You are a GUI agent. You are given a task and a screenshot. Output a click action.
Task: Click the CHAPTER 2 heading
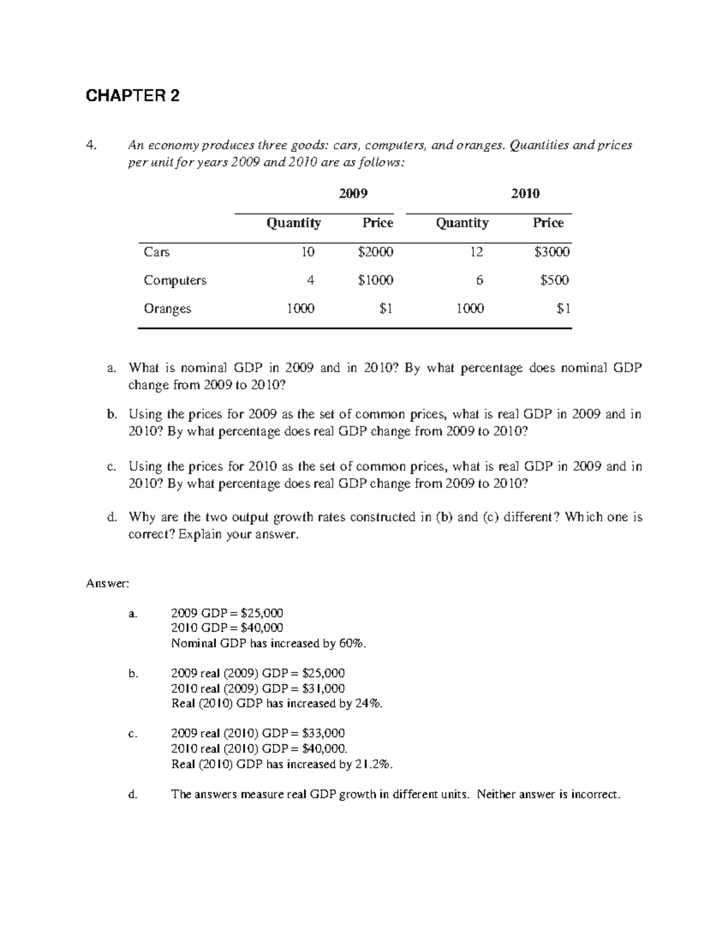coord(133,96)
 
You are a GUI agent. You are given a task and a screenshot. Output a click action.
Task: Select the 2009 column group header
coord(353,194)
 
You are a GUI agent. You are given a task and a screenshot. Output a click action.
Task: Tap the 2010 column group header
coord(525,194)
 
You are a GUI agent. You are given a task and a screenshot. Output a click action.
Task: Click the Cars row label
coord(157,252)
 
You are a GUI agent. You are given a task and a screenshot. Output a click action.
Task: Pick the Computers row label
coord(175,281)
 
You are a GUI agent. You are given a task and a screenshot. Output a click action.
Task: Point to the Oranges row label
coord(167,308)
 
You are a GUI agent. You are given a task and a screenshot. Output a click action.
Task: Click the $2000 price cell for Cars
coord(376,252)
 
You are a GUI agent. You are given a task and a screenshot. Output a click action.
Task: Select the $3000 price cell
coord(551,252)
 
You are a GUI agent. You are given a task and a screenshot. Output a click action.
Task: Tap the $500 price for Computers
coord(555,281)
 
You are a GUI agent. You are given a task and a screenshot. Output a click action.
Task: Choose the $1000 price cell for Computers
coord(376,281)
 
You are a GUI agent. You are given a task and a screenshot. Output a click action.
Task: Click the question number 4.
coord(91,145)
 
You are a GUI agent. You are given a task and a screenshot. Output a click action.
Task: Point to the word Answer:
coord(107,584)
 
